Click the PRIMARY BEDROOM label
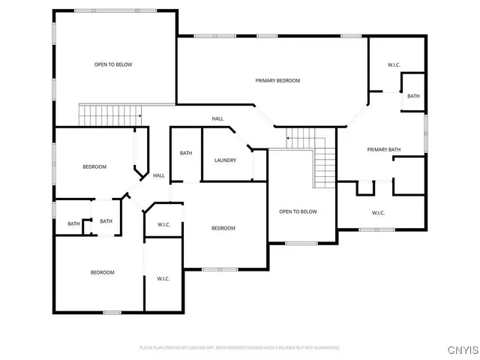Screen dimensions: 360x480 click(277, 80)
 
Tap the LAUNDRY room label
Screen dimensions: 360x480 click(225, 160)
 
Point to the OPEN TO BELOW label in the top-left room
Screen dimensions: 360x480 click(113, 64)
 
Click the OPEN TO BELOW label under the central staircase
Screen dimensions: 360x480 click(298, 211)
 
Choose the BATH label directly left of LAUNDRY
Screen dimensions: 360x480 click(186, 154)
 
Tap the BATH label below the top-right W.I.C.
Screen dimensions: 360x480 click(413, 96)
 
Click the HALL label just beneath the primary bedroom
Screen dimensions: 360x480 click(217, 118)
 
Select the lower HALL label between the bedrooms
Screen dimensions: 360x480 click(159, 175)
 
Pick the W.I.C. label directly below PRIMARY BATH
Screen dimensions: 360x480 click(378, 213)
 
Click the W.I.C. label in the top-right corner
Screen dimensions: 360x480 click(394, 65)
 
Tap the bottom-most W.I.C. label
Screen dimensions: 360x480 click(163, 279)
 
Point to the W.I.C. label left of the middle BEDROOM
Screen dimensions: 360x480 click(163, 225)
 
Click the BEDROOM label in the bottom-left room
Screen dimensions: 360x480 click(103, 272)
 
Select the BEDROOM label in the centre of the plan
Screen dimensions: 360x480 click(223, 228)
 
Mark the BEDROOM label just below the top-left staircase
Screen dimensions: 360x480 click(94, 166)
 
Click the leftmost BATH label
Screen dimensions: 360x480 click(73, 223)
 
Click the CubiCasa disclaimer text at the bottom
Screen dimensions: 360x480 click(240, 348)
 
